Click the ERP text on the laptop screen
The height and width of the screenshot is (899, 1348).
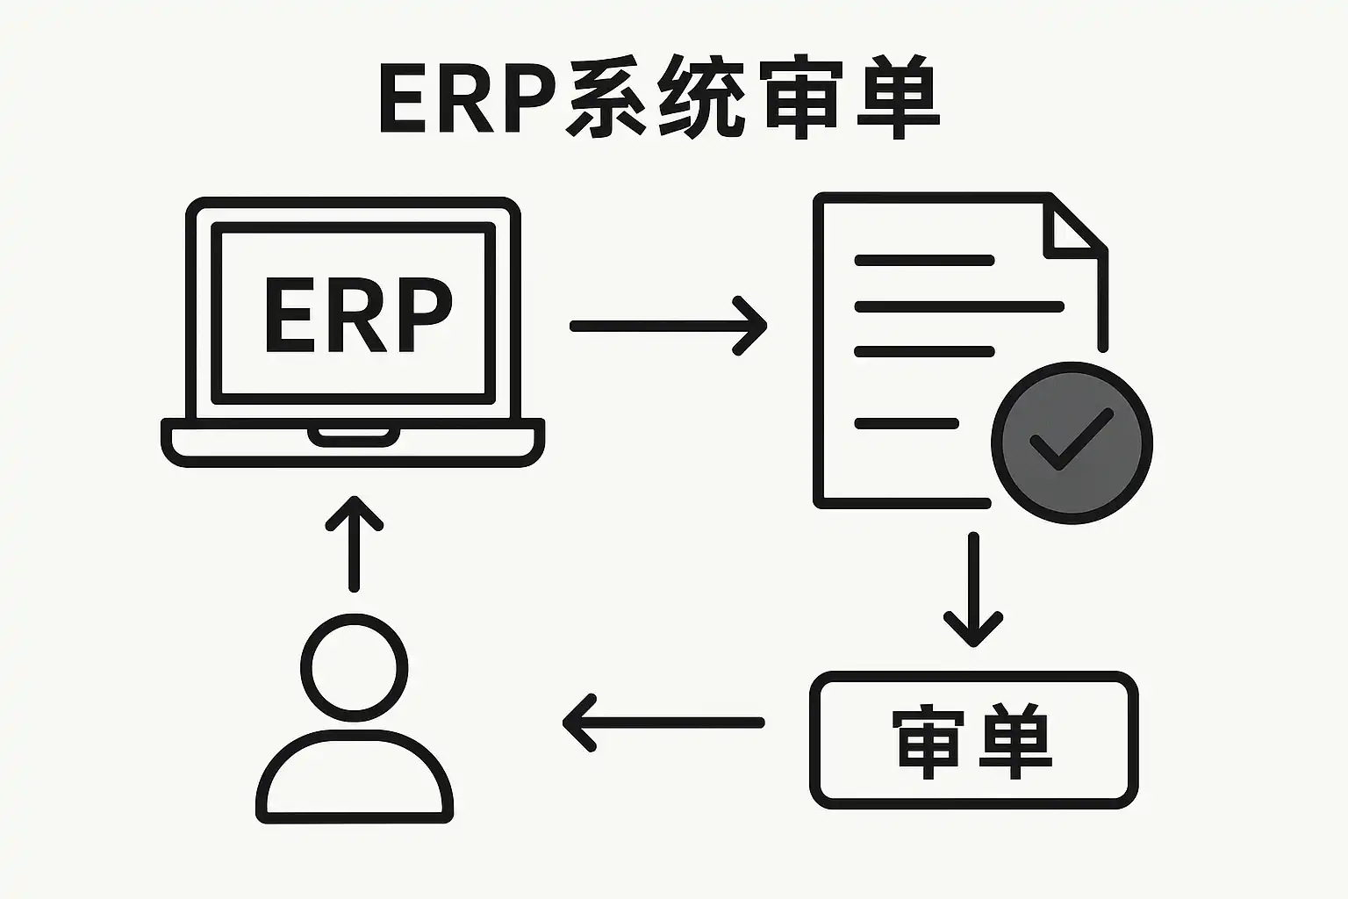tap(357, 315)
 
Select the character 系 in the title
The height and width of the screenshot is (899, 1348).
tap(609, 98)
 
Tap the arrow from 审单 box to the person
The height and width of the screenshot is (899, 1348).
tap(663, 723)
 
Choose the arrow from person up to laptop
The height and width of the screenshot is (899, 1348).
tap(354, 544)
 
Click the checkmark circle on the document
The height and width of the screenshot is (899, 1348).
tap(1071, 443)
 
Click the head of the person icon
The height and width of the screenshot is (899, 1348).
tap(354, 668)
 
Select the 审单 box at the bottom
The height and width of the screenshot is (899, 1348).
tap(973, 739)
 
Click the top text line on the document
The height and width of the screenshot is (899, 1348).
tap(924, 261)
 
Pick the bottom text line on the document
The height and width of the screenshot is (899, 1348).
tap(907, 424)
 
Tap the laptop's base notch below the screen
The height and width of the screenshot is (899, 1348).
tap(354, 435)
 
